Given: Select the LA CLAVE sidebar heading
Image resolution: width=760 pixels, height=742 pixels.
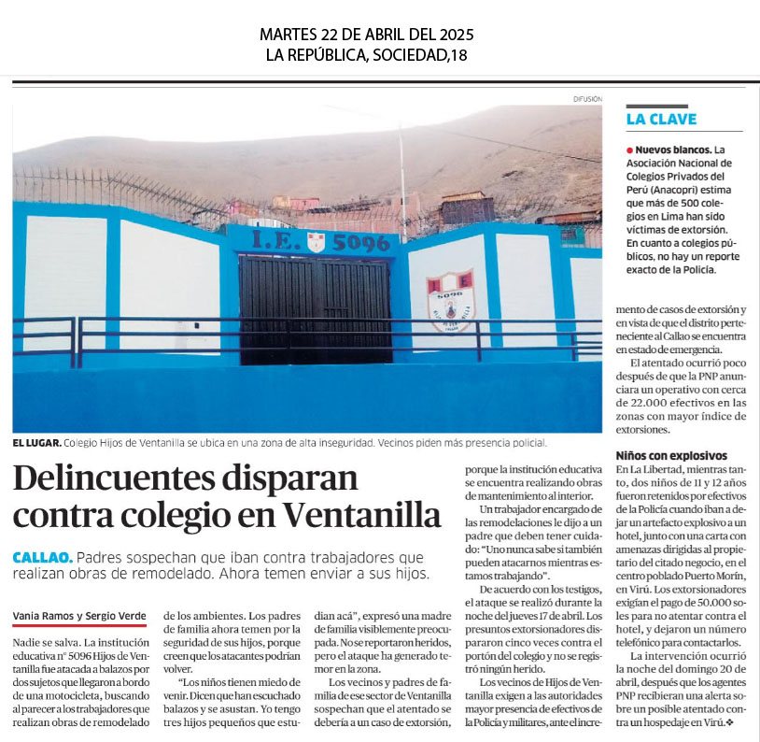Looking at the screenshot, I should [x=661, y=119].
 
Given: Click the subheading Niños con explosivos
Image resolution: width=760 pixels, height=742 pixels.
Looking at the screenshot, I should [x=670, y=455].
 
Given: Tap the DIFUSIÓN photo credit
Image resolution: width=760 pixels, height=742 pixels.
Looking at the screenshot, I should [x=587, y=98].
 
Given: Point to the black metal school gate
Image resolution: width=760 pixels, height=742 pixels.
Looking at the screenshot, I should [x=316, y=308].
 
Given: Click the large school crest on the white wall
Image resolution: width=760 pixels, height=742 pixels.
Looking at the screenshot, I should [x=449, y=301].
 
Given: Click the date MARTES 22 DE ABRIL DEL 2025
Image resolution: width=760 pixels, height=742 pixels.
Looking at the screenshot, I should [x=367, y=35].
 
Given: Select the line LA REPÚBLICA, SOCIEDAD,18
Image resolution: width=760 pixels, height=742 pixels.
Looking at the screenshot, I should [x=367, y=55].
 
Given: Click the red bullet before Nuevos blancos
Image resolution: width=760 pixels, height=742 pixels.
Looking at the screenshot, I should [x=630, y=150].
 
